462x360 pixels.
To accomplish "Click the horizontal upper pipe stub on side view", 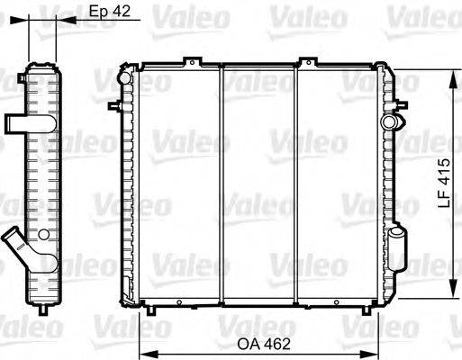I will pos(19,122).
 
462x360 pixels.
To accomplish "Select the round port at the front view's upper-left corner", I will pos(125,79).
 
